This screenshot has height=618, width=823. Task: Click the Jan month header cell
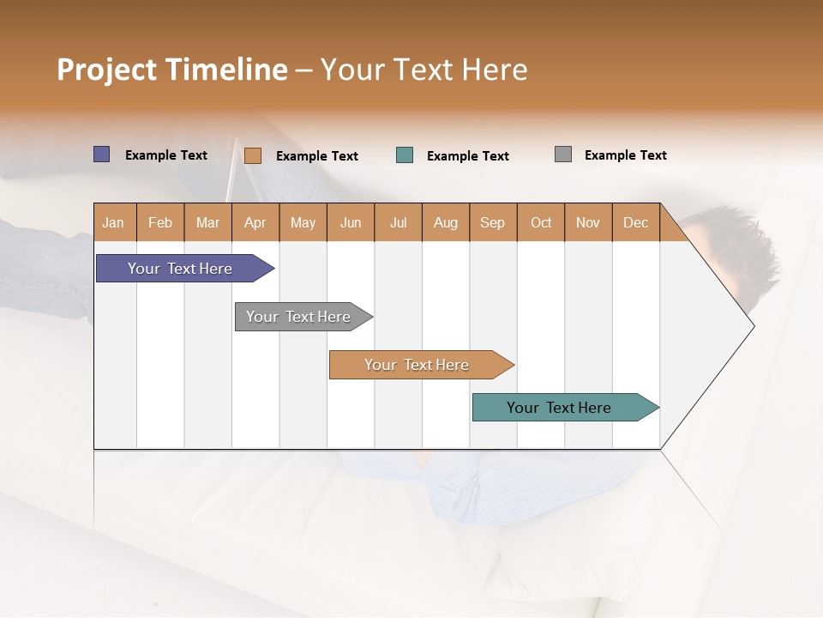point(114,222)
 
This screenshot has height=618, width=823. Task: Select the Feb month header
point(160,222)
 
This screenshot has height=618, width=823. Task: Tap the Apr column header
point(255,222)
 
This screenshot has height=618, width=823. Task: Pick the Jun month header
point(351,222)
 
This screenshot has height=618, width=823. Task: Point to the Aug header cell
point(446,222)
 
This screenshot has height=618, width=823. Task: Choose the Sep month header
point(493,222)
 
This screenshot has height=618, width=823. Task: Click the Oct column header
point(541,222)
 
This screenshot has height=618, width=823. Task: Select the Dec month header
point(636,222)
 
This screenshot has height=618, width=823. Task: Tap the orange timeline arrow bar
point(418,365)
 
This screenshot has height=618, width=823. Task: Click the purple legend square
point(102,154)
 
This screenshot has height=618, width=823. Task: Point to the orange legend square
point(253,155)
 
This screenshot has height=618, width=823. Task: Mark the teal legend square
point(405,155)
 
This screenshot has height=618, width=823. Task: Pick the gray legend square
point(563,154)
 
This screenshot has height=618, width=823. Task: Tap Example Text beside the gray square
point(625,155)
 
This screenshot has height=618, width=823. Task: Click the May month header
point(303,222)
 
